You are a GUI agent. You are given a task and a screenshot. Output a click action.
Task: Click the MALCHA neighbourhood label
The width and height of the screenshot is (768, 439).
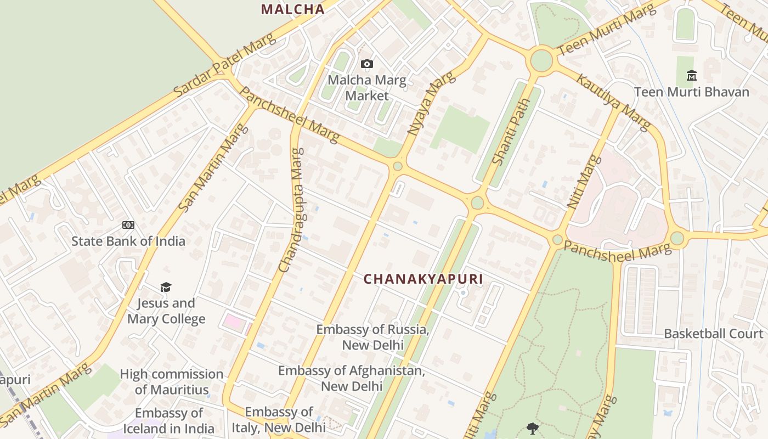coord(292,9)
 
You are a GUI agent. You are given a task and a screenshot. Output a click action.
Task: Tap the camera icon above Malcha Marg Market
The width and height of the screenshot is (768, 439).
coord(367,64)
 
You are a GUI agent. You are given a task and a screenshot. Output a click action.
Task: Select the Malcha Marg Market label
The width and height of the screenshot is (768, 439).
coord(367,88)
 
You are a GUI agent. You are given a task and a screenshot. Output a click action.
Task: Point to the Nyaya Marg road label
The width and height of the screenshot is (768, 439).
coord(431,104)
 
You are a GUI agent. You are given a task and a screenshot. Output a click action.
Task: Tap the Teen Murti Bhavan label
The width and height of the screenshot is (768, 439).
coord(691,92)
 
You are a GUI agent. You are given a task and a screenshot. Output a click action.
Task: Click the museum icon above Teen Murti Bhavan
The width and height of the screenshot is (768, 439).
coord(691,75)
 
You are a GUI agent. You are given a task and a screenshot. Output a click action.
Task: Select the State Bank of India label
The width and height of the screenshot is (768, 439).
coord(128,241)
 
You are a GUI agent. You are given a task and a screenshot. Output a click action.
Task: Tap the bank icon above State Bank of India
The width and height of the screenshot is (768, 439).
coord(128,225)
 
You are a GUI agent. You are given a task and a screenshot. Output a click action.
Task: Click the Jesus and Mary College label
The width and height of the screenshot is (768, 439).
coord(166,311)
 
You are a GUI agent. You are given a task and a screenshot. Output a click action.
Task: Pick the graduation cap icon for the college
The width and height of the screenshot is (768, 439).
coord(166,287)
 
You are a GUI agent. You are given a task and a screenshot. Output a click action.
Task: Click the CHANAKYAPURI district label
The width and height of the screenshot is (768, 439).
coord(423,279)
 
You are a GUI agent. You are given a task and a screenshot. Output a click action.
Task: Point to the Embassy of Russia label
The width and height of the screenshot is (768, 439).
coord(373,337)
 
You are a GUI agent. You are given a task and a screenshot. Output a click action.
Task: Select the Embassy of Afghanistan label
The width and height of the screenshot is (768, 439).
coord(352,378)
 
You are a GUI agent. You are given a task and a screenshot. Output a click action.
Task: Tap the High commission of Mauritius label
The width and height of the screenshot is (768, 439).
coord(172,382)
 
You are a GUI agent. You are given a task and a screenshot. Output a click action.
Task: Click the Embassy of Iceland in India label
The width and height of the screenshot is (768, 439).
coord(169,421)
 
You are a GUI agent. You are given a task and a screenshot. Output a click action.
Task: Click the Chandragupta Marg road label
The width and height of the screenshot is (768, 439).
coord(291,210)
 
